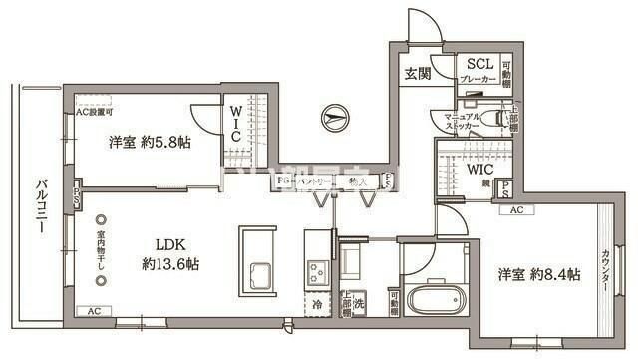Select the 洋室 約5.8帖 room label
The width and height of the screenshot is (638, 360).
point(150,142)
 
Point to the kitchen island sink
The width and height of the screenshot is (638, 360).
point(262,274)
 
